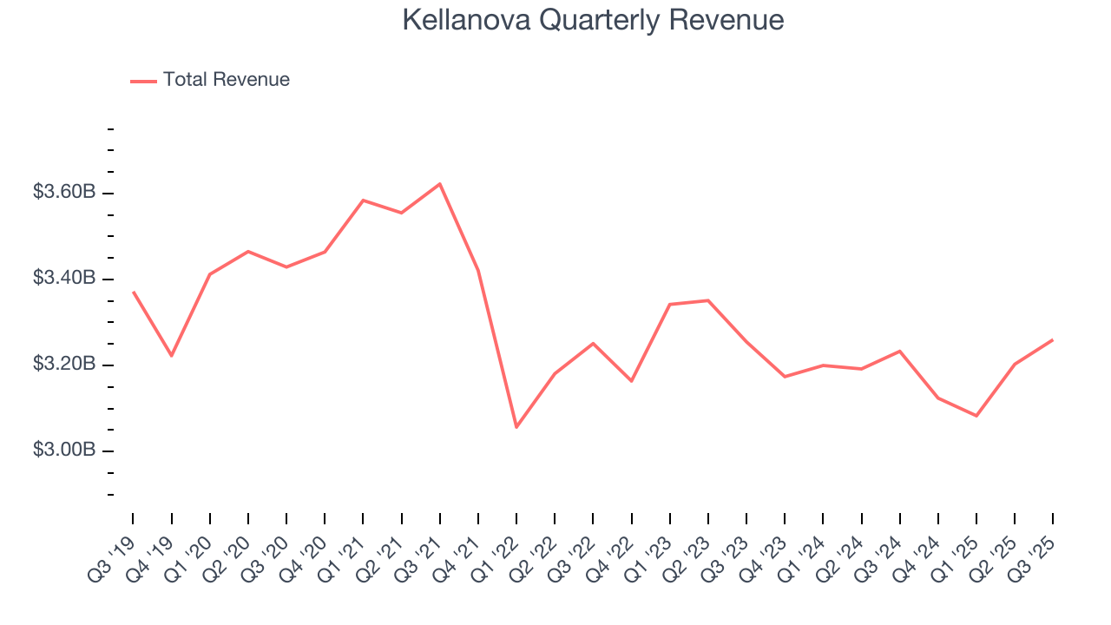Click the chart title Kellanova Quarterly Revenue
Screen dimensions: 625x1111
pyautogui.click(x=593, y=20)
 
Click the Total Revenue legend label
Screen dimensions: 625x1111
pyautogui.click(x=226, y=80)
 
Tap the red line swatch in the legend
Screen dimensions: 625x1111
pyautogui.click(x=143, y=81)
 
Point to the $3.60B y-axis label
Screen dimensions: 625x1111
pyautogui.click(x=64, y=192)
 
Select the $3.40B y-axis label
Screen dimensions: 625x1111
pyautogui.click(x=64, y=279)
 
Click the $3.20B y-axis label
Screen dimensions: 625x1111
pyautogui.click(x=64, y=364)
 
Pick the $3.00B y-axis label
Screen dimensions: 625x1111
pyautogui.click(x=64, y=450)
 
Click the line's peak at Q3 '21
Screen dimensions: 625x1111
pyautogui.click(x=440, y=184)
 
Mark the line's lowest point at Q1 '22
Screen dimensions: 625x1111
pyautogui.click(x=516, y=427)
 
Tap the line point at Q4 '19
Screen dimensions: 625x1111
pyautogui.click(x=172, y=356)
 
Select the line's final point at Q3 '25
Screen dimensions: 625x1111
pyautogui.click(x=1053, y=339)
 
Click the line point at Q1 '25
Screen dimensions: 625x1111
pyautogui.click(x=976, y=416)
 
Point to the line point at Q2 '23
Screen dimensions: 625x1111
pyautogui.click(x=708, y=300)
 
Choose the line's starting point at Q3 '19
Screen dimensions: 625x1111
pyautogui.click(x=134, y=293)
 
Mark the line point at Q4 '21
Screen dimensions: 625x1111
pyautogui.click(x=478, y=271)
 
